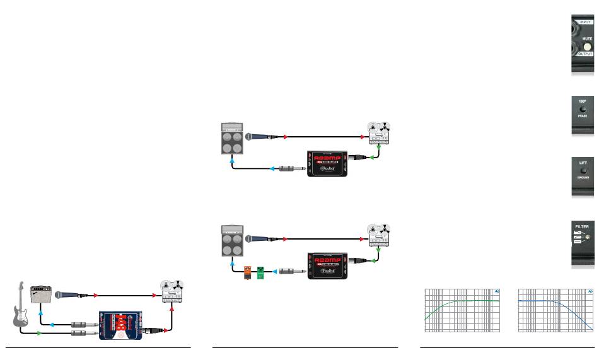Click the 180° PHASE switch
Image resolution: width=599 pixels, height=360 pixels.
tap(583, 113)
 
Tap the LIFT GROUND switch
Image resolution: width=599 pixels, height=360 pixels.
tap(583, 171)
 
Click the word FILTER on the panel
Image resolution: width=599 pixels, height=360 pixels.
tap(583, 224)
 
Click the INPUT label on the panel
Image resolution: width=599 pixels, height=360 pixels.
tap(582, 22)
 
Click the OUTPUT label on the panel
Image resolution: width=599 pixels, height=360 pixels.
tap(582, 55)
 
